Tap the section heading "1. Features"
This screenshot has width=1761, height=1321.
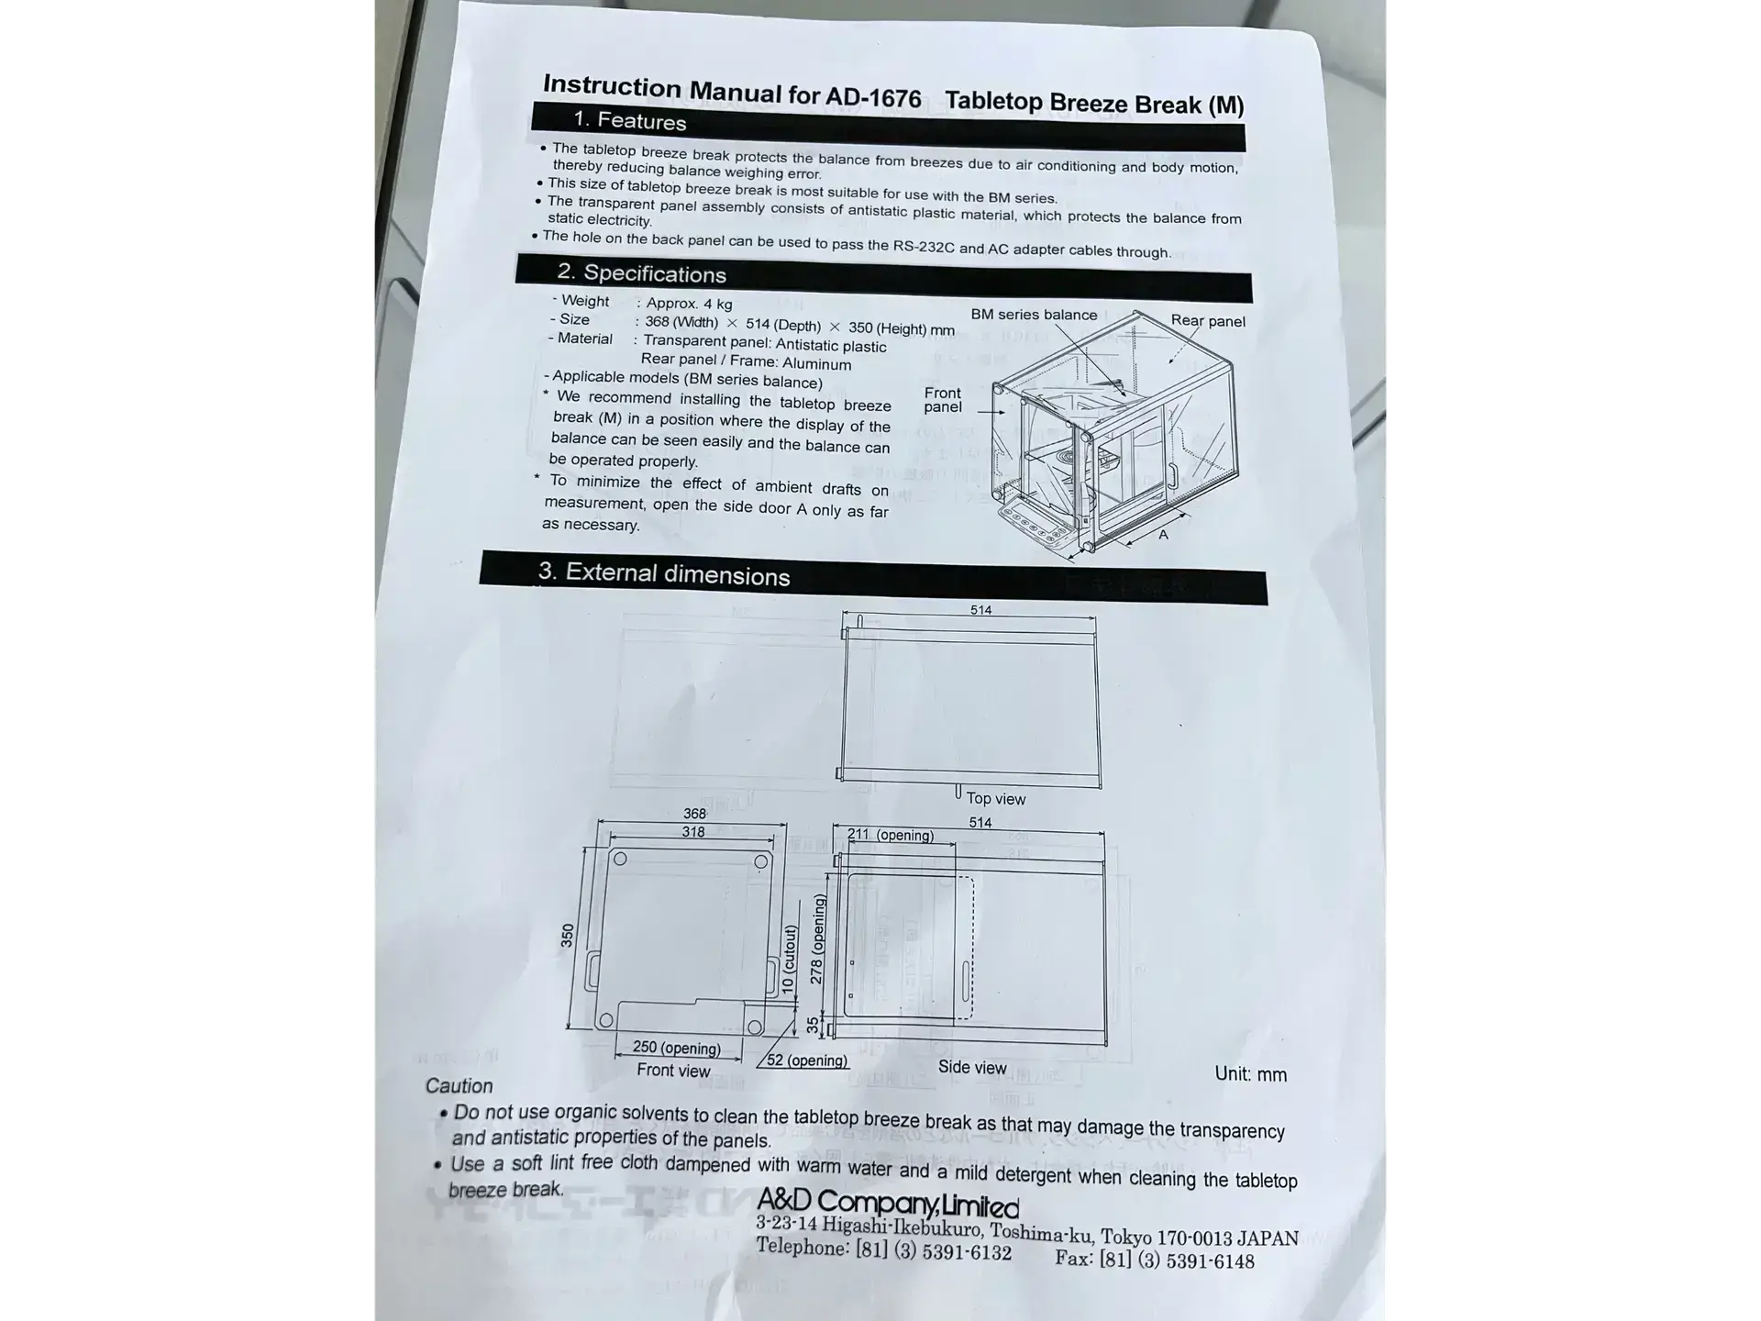630,121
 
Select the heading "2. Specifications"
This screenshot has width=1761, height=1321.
642,273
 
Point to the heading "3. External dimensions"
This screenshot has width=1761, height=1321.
664,573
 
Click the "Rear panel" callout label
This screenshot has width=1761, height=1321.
1208,321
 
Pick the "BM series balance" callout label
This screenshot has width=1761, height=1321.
1034,315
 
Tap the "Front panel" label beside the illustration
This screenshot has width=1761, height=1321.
943,400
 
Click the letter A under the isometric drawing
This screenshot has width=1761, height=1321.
1163,535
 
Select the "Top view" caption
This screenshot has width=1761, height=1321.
996,799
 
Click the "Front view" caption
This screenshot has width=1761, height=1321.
674,1071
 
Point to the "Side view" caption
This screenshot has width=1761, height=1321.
972,1068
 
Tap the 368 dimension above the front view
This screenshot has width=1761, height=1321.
694,814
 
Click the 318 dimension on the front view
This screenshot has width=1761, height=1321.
693,832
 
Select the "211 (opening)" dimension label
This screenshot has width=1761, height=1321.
891,835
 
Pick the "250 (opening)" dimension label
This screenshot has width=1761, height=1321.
677,1048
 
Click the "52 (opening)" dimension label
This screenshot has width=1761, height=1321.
807,1060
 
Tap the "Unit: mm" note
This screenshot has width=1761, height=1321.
1251,1074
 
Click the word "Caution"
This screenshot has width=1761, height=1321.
459,1086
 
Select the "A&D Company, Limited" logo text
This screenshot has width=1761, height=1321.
888,1203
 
